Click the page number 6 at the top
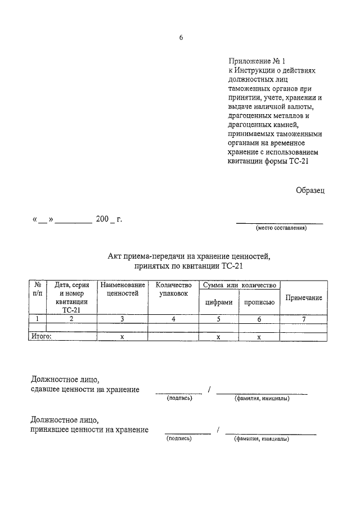tap(181, 38)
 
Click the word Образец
tap(310, 190)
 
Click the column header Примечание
tap(304, 297)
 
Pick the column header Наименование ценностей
tap(122, 290)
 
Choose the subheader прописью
tap(259, 302)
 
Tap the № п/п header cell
tap(37, 290)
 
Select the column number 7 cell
tap(304, 319)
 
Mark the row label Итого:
tap(40, 336)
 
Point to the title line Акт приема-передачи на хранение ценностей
tap(189, 257)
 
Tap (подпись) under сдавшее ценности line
tap(179, 398)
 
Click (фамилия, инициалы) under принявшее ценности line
tap(262, 439)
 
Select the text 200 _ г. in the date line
tap(109, 219)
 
